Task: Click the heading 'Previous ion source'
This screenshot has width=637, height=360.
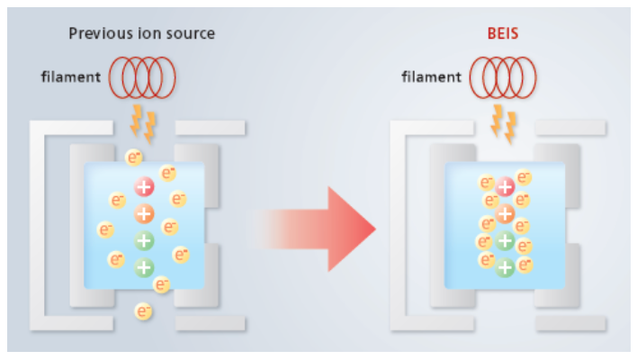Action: (142, 35)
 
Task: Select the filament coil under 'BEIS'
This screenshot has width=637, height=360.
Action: (505, 76)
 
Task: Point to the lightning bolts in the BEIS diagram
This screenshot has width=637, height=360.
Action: (503, 123)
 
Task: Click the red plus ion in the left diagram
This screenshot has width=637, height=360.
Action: (144, 187)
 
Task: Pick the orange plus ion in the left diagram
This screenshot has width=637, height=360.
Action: (144, 214)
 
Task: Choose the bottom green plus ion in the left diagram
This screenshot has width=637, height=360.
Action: (144, 267)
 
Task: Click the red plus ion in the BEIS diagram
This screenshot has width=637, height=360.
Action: (506, 187)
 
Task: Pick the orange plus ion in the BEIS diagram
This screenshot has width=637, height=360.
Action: (506, 214)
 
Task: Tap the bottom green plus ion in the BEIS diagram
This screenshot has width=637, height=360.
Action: (506, 267)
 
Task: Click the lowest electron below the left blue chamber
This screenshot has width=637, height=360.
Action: (142, 312)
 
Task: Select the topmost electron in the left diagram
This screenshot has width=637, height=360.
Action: (133, 158)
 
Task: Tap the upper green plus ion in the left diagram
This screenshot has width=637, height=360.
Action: (144, 241)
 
